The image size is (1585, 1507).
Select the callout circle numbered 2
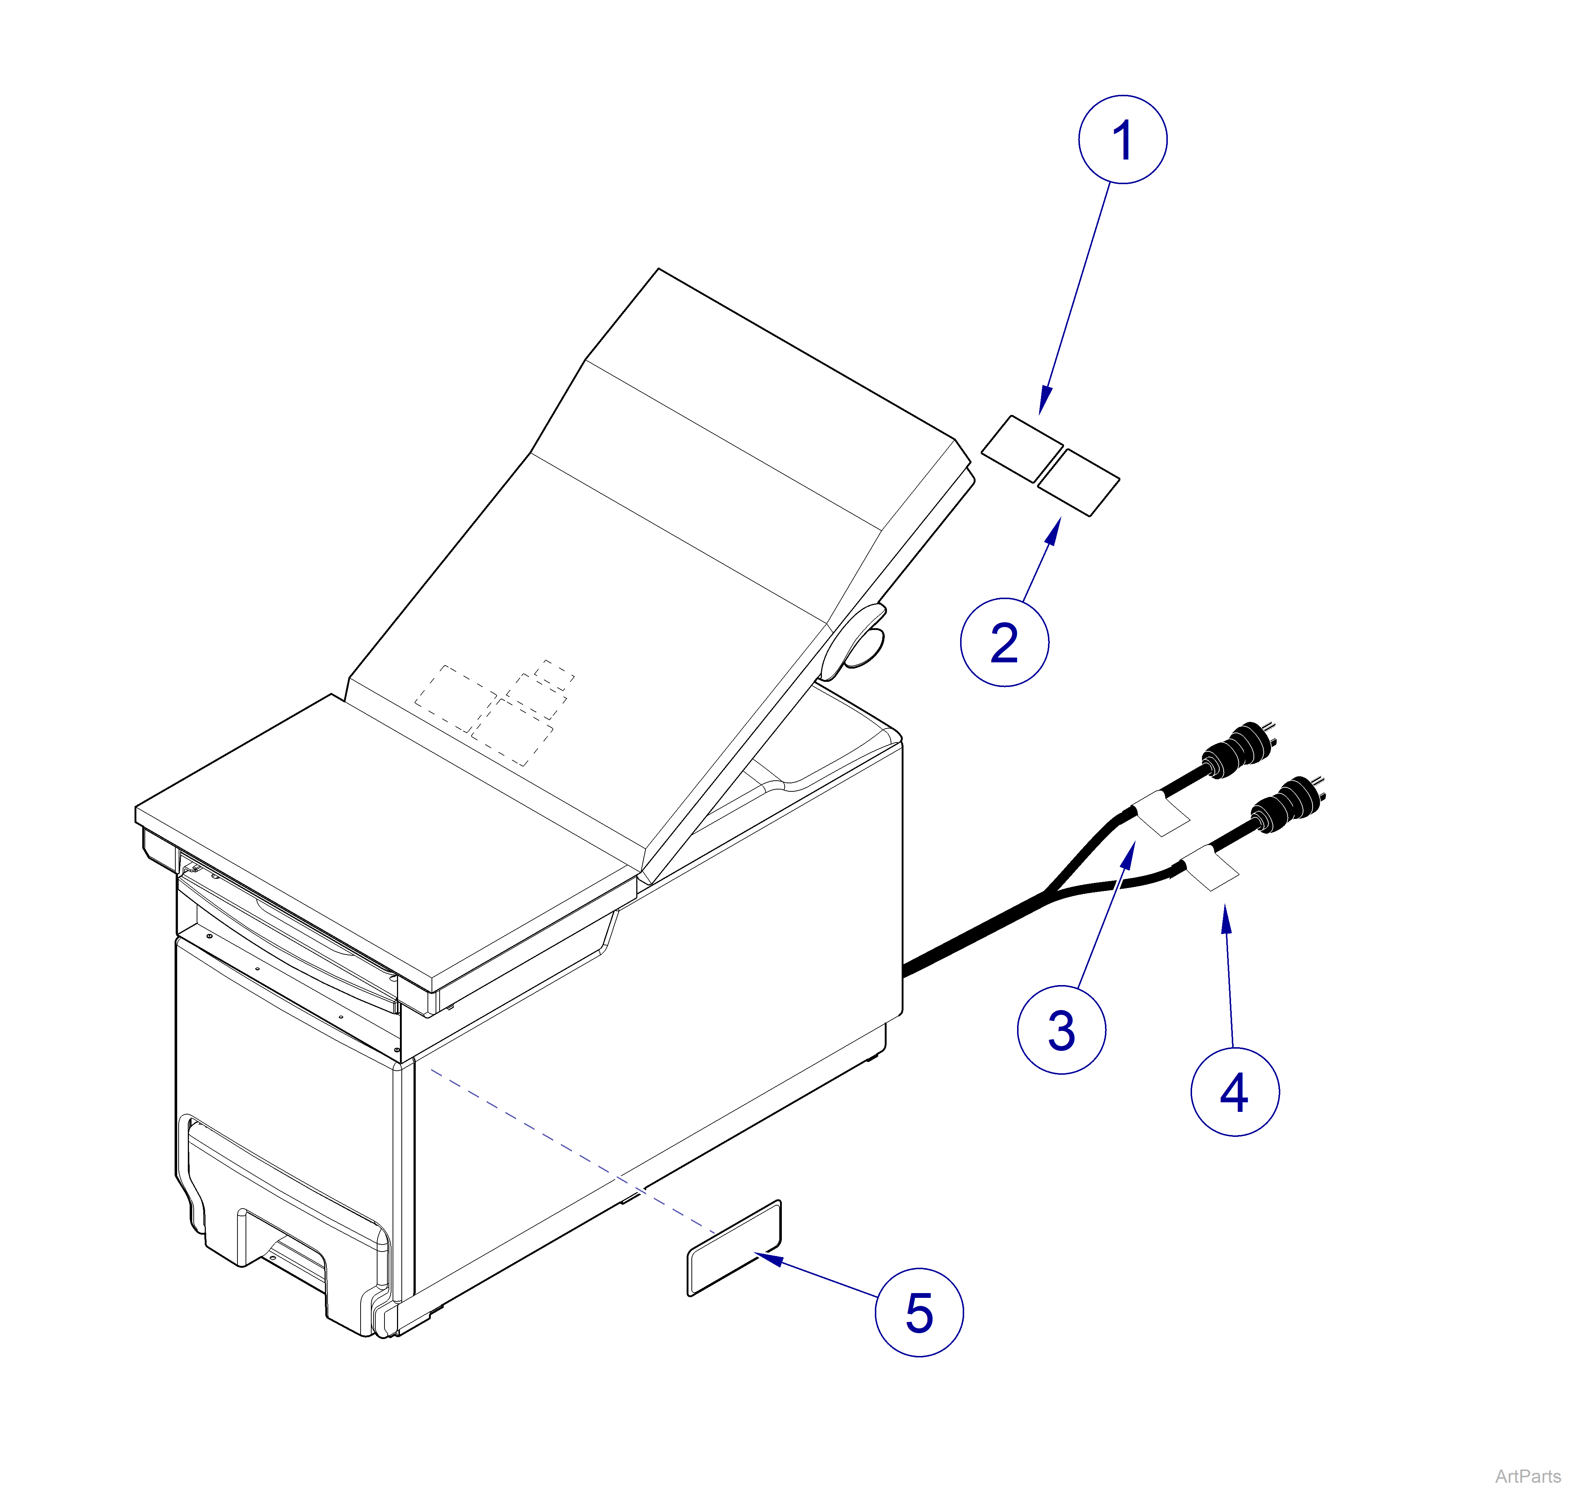pyautogui.click(x=1004, y=642)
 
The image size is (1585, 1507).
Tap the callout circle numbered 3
pyautogui.click(x=1061, y=1031)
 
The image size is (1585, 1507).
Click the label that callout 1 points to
pyautogui.click(x=1022, y=448)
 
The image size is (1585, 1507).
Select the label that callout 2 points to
pyautogui.click(x=1078, y=482)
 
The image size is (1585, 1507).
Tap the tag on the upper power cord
pyautogui.click(x=1161, y=813)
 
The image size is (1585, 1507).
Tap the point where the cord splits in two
pyautogui.click(x=1046, y=892)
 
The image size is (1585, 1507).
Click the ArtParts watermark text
pyautogui.click(x=1527, y=1476)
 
